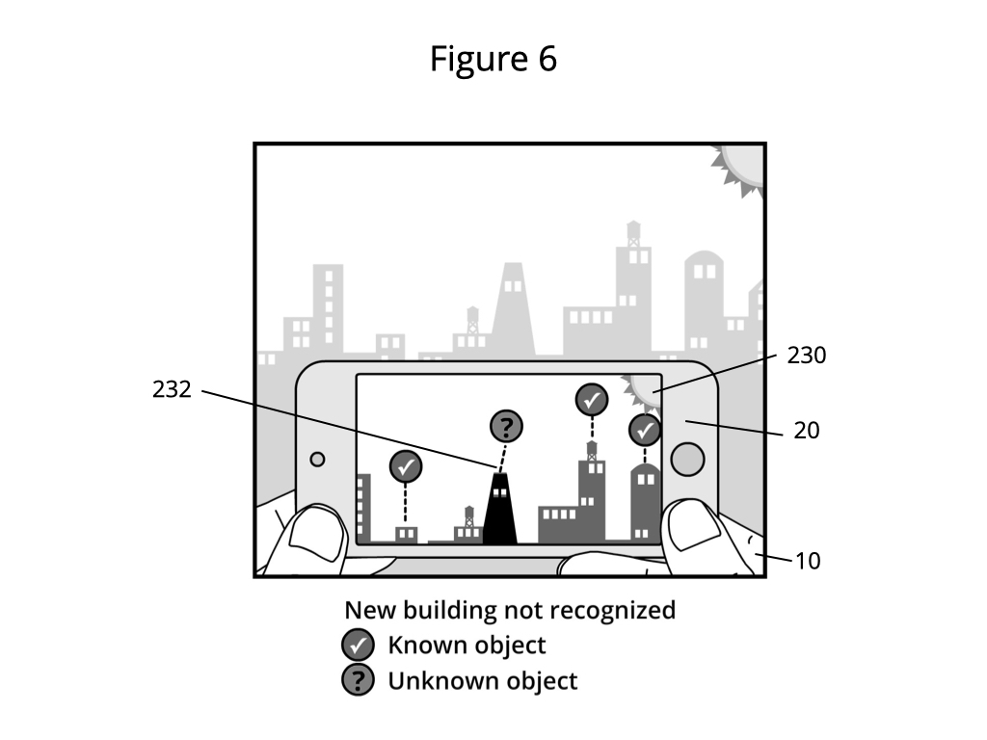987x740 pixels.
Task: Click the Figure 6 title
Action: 493,59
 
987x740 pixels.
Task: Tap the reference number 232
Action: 172,389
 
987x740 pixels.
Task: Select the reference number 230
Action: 807,356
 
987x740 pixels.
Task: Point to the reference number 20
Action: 807,431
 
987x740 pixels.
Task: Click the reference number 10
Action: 808,562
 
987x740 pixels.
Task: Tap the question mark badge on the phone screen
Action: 506,427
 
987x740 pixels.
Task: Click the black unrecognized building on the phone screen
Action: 500,509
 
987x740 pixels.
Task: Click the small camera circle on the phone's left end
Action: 317,460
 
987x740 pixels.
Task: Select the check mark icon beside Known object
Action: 359,646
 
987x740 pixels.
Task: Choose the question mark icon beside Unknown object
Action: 359,681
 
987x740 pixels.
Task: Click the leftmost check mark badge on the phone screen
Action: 406,467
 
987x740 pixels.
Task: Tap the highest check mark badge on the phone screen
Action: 592,400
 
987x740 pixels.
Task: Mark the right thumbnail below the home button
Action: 693,525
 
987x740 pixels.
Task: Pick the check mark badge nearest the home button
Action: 645,431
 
